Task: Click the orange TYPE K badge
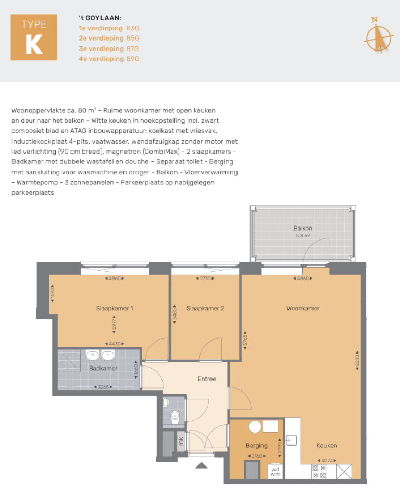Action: point(34,37)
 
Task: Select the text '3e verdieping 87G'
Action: point(109,48)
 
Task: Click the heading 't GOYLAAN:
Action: point(99,18)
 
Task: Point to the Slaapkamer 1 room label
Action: point(115,308)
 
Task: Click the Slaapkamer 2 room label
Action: point(205,308)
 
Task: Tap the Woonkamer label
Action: point(303,308)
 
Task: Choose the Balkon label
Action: point(303,228)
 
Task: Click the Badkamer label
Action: point(103,368)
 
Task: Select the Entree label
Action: point(206,379)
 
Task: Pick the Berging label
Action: point(257,446)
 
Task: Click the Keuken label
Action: point(327,446)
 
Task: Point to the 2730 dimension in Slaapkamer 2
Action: point(205,279)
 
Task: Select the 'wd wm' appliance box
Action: point(276,471)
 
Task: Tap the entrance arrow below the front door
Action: point(202,465)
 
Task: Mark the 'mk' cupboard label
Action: point(181,440)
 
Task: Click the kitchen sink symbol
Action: point(292,440)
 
